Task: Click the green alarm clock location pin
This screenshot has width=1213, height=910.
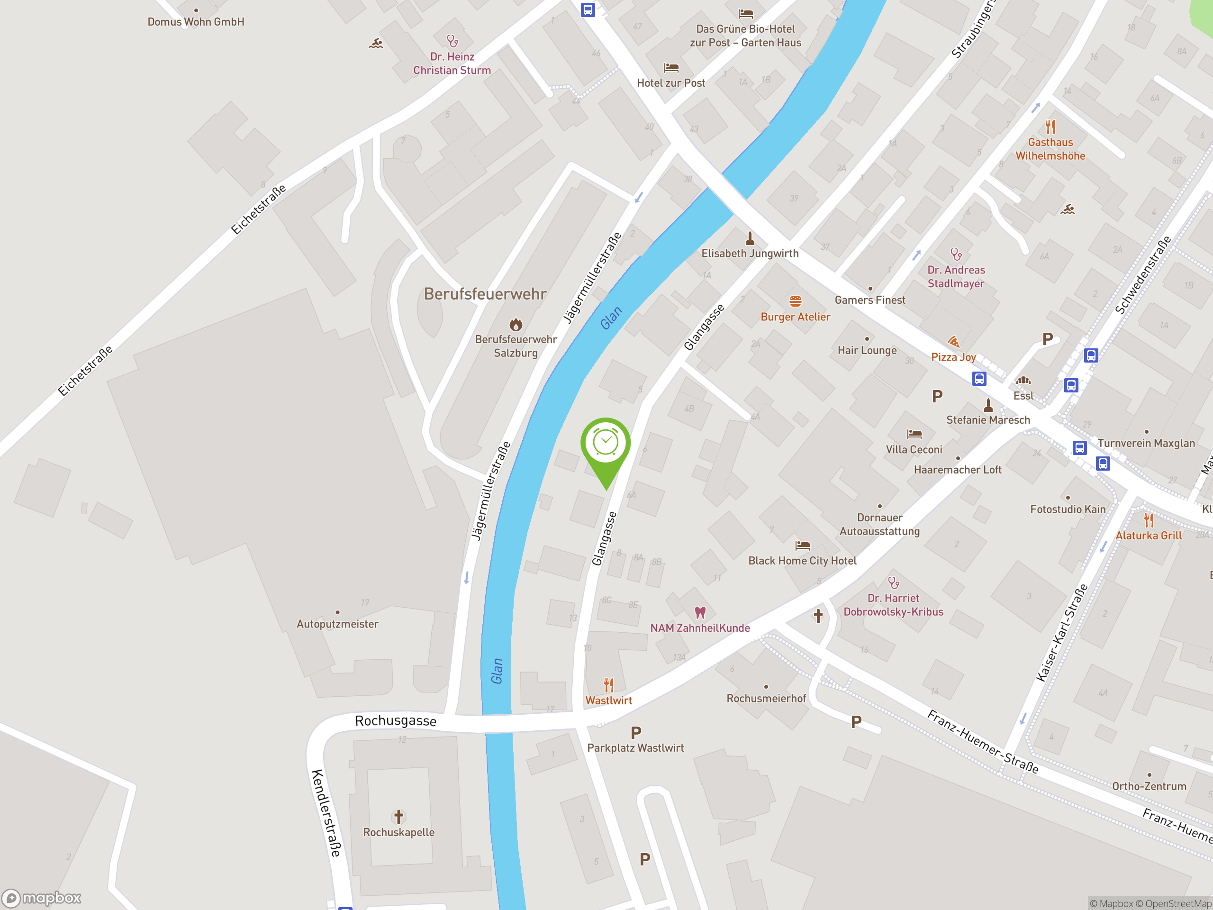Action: point(606,444)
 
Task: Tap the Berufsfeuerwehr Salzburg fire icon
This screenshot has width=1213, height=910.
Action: point(516,324)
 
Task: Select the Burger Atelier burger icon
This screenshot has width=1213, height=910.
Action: point(795,301)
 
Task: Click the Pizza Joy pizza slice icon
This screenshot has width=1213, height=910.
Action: point(954,342)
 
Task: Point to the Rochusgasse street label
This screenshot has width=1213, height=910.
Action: point(395,720)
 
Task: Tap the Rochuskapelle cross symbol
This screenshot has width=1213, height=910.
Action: point(398,817)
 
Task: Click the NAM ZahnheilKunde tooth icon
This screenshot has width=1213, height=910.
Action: point(700,612)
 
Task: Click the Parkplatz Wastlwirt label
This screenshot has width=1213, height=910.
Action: point(635,747)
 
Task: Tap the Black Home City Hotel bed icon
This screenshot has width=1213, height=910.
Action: point(802,545)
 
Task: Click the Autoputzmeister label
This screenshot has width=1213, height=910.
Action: point(337,624)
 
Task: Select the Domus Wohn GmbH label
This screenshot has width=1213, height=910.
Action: point(196,22)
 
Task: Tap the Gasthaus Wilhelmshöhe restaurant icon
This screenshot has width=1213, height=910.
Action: point(1050,127)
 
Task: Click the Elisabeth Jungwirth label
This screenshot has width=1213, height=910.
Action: point(750,254)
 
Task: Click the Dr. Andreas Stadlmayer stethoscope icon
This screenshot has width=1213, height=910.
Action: point(956,254)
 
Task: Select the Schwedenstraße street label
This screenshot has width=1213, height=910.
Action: point(1143,275)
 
